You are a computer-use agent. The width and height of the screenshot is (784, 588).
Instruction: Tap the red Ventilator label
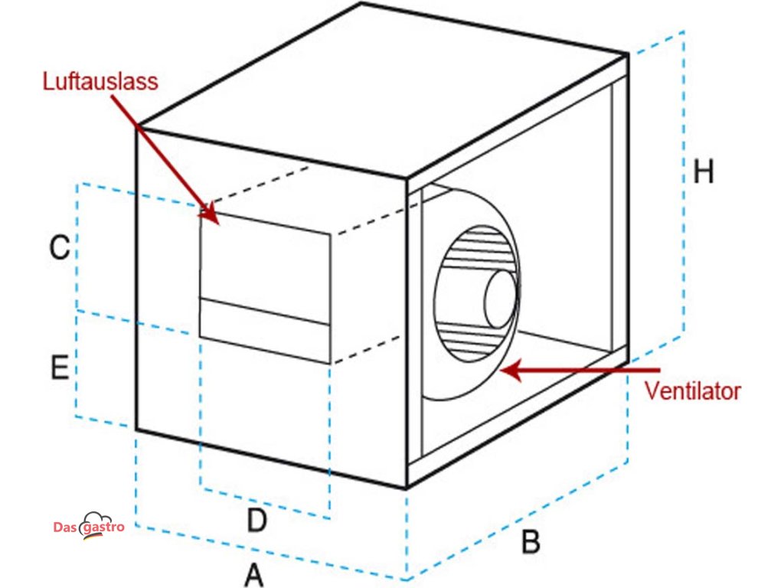[692, 391]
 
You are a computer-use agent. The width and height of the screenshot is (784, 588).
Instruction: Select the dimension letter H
[703, 172]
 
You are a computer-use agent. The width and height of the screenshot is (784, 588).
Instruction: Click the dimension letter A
[253, 573]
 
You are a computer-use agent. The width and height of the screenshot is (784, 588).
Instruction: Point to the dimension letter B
[531, 543]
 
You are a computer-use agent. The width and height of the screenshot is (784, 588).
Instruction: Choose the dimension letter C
[60, 248]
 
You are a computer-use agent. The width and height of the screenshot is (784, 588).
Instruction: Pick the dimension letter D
[256, 521]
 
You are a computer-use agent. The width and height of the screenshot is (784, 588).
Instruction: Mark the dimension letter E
[60, 367]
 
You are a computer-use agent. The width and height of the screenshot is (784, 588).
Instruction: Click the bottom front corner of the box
[407, 487]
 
